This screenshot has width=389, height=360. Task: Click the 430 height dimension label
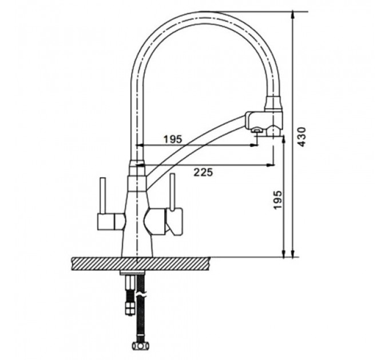302,137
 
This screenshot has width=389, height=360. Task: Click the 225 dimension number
203,172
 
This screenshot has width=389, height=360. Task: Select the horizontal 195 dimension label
173,139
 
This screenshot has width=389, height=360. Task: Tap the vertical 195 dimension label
277,200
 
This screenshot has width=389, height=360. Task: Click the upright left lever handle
103,195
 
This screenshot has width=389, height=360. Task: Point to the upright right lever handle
172,192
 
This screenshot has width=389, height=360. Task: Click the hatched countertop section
141,263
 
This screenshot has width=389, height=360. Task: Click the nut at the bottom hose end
140,345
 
